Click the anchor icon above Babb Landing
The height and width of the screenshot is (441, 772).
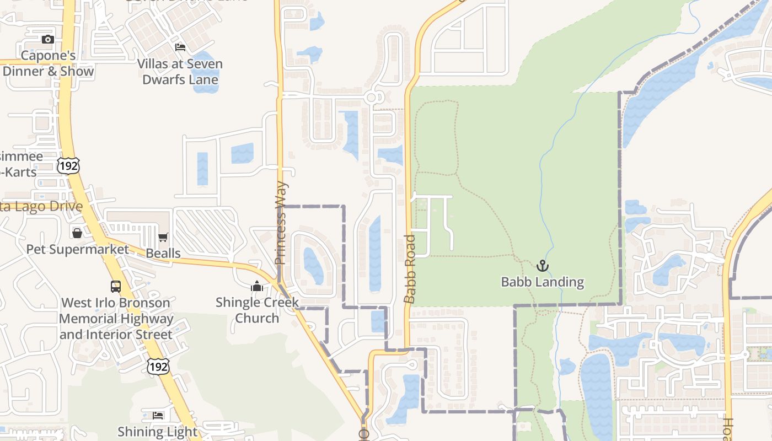(x=543, y=266)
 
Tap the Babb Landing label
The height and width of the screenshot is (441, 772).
(x=542, y=282)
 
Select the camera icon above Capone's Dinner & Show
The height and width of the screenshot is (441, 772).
(x=48, y=39)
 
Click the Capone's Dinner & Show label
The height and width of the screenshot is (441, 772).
(x=48, y=63)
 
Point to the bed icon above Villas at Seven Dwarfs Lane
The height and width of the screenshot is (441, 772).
(x=180, y=47)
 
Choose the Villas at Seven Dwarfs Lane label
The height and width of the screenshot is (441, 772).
(x=180, y=72)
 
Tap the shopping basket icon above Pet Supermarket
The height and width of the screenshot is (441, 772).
(x=77, y=233)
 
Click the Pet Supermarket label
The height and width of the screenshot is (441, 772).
(x=77, y=249)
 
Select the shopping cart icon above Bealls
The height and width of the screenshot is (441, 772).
(x=163, y=238)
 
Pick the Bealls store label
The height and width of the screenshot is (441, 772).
(x=163, y=254)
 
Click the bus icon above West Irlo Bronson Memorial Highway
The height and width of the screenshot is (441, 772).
(x=116, y=287)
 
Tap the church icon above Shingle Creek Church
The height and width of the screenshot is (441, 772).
(x=257, y=287)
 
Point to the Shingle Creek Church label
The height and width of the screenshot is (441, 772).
(x=257, y=310)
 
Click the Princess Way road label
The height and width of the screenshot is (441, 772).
(x=281, y=223)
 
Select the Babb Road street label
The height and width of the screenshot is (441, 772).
(x=409, y=269)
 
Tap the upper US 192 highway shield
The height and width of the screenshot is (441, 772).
(x=68, y=165)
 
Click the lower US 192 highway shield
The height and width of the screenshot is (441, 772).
(x=158, y=366)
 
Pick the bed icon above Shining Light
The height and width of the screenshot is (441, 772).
(x=158, y=415)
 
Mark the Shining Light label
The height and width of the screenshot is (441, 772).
(x=158, y=432)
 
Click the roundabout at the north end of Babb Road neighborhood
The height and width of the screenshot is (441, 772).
(x=372, y=98)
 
